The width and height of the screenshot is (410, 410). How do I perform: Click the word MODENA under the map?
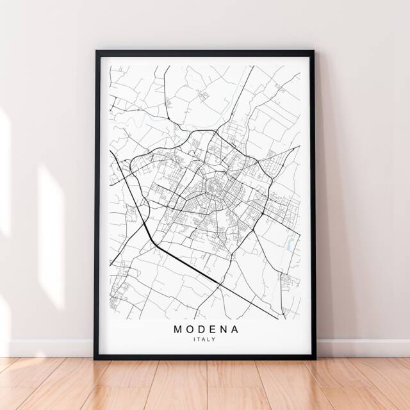(205, 329)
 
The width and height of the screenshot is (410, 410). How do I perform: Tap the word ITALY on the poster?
(205, 340)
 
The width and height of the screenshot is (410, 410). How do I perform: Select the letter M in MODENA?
(177, 329)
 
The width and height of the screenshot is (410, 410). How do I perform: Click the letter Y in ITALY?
(215, 340)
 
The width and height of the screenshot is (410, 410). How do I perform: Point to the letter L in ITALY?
(209, 340)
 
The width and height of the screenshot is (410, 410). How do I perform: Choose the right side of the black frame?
(312, 205)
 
